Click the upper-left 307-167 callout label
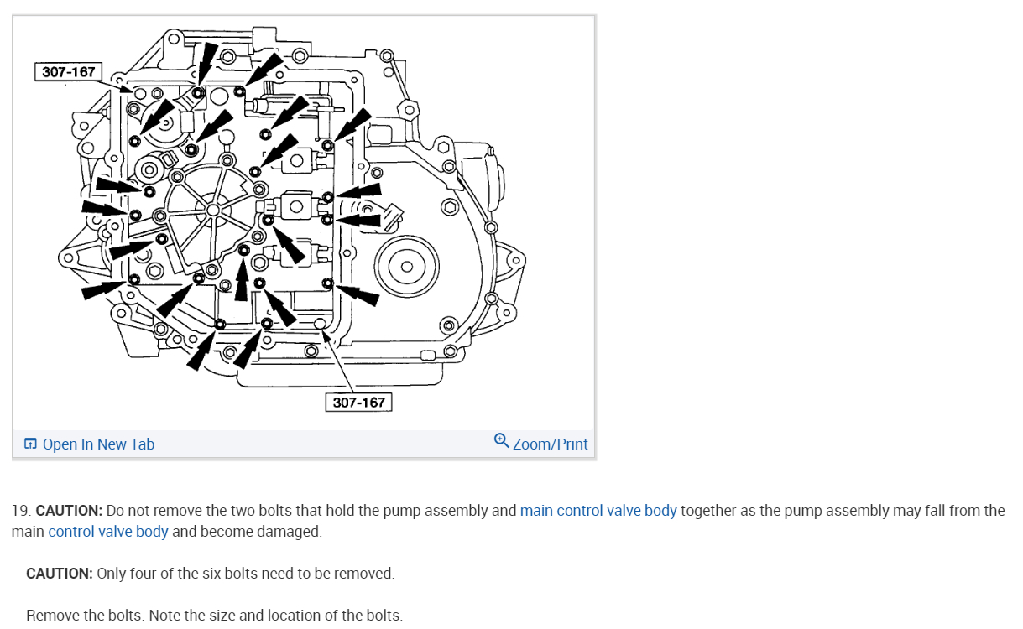point(69,71)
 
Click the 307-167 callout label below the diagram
point(358,403)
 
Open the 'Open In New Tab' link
point(98,444)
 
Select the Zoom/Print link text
point(550,444)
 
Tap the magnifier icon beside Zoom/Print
point(501,440)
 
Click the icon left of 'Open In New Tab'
point(30,444)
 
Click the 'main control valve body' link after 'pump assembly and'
point(598,511)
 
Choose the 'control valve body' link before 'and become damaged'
point(108,532)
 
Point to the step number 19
point(20,511)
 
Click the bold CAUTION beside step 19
point(69,511)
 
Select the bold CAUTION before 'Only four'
point(59,574)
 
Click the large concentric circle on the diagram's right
point(406,267)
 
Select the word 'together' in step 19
point(707,511)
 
